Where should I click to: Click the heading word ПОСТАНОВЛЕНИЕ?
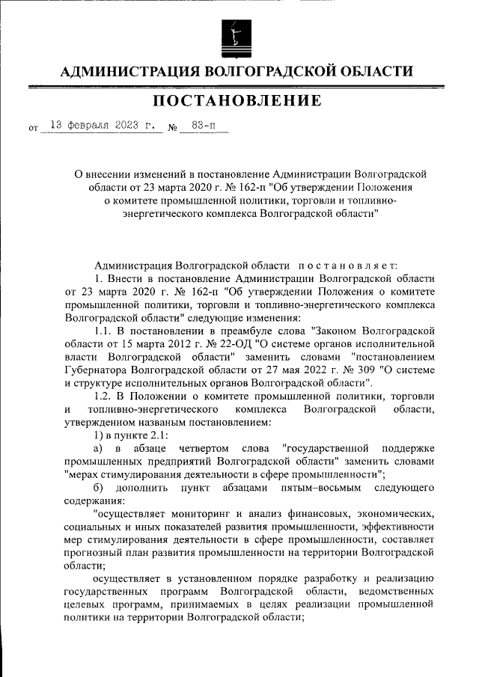(x=237, y=100)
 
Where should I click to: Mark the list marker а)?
(x=97, y=447)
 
